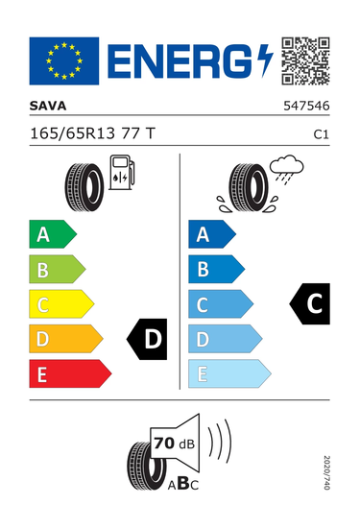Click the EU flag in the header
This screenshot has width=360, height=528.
pyautogui.click(x=64, y=60)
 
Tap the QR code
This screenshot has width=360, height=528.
pyautogui.click(x=305, y=60)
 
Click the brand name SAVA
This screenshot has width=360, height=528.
pyautogui.click(x=48, y=106)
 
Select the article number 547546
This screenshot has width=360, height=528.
pyautogui.click(x=306, y=106)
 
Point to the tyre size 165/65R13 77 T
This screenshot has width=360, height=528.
pyautogui.click(x=92, y=133)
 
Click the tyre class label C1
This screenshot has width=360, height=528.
pyautogui.click(x=321, y=134)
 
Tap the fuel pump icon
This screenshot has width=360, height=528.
pyautogui.click(x=122, y=172)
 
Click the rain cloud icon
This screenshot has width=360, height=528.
pyautogui.click(x=287, y=169)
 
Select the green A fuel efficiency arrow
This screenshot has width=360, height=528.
pyautogui.click(x=53, y=234)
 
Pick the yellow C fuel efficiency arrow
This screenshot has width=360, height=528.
pyautogui.click(x=61, y=304)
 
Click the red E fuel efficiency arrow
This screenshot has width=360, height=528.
pyautogui.click(x=70, y=373)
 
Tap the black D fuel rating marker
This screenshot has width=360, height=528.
pyautogui.click(x=147, y=339)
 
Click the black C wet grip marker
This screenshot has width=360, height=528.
pyautogui.click(x=310, y=303)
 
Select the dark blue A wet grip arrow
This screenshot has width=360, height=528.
pyautogui.click(x=212, y=234)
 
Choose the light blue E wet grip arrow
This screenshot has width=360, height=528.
pyautogui.click(x=229, y=373)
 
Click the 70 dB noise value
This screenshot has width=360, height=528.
pyautogui.click(x=174, y=444)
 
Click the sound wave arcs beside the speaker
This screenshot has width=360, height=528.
pyautogui.click(x=220, y=441)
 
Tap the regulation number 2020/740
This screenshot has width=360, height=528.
pyautogui.click(x=326, y=472)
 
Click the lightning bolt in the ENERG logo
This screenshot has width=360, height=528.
pyautogui.click(x=265, y=60)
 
